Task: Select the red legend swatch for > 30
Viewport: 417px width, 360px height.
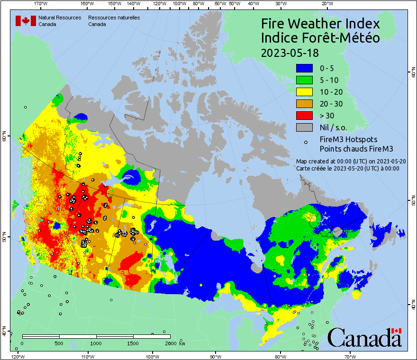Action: coord(305,116)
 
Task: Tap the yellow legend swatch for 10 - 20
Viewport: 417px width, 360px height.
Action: coord(305,92)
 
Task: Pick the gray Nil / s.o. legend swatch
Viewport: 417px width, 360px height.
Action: coord(305,127)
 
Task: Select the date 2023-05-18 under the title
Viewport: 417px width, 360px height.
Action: coord(290,53)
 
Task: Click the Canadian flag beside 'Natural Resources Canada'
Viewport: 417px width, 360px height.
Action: coord(26,21)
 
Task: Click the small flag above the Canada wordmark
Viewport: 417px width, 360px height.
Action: coord(397,331)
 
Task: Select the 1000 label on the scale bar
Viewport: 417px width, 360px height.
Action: coord(96,343)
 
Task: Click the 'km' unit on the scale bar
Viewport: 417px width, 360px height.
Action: coord(182,343)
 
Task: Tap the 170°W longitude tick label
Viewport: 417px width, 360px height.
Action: coord(41,4)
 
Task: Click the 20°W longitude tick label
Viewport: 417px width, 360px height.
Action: coord(326,4)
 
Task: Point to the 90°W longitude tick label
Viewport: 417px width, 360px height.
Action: coord(216,356)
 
